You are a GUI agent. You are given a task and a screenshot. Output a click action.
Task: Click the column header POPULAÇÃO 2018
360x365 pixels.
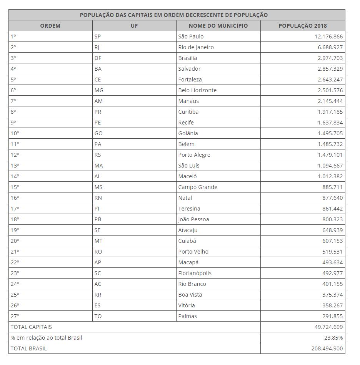tap(302, 26)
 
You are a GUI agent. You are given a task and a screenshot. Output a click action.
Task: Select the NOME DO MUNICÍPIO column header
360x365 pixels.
tap(218, 26)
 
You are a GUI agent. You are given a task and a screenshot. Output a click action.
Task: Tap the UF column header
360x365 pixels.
tap(134, 26)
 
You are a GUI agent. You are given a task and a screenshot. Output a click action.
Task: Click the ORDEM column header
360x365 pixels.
tap(50, 26)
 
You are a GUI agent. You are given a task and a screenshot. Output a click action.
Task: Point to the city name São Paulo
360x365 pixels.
tap(191, 36)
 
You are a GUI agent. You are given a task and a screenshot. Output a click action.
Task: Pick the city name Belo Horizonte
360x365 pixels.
tap(197, 90)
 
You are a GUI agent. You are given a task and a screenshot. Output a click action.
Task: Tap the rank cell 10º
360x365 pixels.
tap(15, 133)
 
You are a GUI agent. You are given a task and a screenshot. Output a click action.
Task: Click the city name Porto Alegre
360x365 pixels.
tap(194, 155)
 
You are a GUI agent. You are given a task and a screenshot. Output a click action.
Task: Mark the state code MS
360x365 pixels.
tap(98, 187)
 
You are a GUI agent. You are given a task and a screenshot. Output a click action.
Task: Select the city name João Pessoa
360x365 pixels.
tap(193, 219)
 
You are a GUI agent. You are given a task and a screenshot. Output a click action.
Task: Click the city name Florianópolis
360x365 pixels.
tap(195, 273)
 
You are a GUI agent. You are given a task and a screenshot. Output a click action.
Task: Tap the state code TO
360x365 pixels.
tap(98, 316)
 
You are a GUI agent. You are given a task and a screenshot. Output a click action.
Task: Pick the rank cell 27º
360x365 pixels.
tap(15, 316)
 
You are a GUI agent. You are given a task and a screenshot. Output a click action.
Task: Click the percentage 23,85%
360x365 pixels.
tap(333, 338)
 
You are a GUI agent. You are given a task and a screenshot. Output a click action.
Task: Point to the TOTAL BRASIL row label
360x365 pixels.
tap(29, 348)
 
